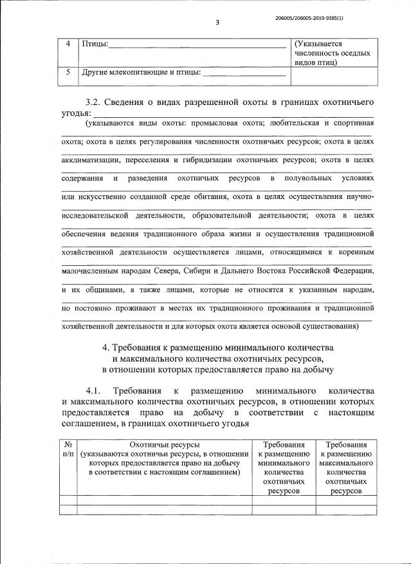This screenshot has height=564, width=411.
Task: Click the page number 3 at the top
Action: tap(217, 23)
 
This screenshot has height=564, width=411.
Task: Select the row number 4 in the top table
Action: tap(69, 43)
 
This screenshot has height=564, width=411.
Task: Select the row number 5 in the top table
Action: tap(69, 72)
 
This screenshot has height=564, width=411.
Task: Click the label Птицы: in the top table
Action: tap(95, 44)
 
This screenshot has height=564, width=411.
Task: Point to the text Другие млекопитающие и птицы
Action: tap(141, 73)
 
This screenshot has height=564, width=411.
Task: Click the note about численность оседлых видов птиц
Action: tap(332, 53)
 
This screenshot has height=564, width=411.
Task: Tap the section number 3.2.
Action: tap(95, 102)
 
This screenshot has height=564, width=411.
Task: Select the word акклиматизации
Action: tap(93, 159)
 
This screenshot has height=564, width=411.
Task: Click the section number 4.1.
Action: tap(95, 391)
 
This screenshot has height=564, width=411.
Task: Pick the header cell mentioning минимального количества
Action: tap(283, 467)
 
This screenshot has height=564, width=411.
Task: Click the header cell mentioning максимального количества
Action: tap(346, 467)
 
